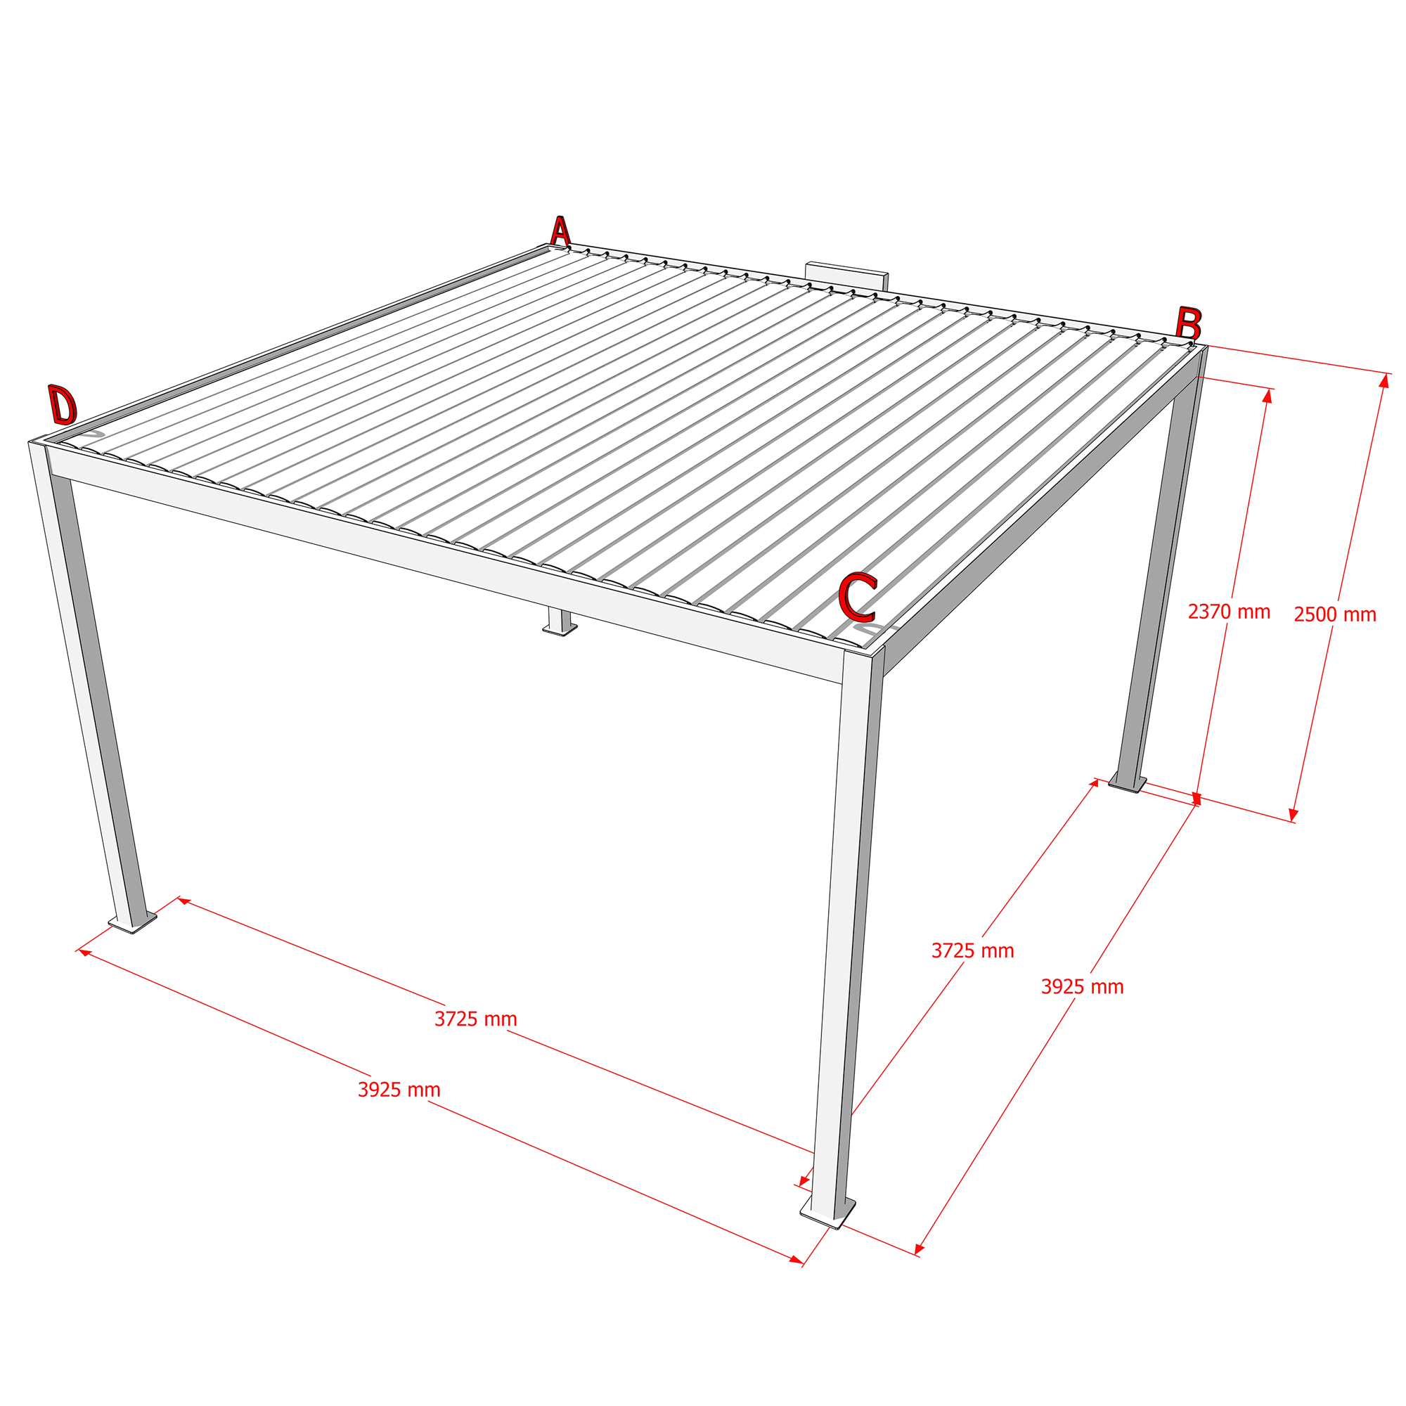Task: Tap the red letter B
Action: pos(1188,324)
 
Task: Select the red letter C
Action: pos(857,597)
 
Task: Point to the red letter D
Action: pos(62,405)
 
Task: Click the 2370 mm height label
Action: pos(1229,612)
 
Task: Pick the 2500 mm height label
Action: pos(1335,615)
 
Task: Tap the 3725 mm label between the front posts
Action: pos(476,1019)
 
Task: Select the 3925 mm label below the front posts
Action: pos(399,1090)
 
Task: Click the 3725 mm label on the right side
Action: pos(972,950)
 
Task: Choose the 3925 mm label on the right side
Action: pos(1082,987)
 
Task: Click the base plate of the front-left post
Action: pos(132,923)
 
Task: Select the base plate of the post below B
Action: pos(1128,784)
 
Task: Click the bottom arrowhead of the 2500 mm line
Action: pos(1294,815)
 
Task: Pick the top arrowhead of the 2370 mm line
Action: pos(1268,396)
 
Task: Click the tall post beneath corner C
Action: pos(846,931)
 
